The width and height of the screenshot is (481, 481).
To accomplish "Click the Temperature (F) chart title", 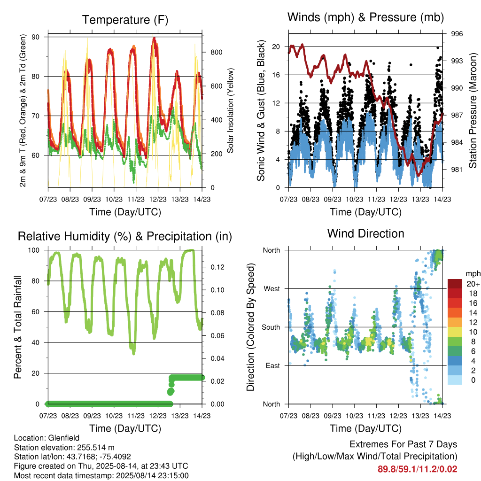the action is click(x=125, y=20).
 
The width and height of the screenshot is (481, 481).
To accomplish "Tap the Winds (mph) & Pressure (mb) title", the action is click(x=365, y=17).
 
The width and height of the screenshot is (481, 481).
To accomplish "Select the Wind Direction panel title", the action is click(x=365, y=233).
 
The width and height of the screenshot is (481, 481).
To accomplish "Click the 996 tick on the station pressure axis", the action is click(x=457, y=34).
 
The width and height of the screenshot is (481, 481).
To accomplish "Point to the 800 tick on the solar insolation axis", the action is click(x=216, y=52).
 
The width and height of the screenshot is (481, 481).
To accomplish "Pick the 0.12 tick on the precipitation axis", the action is click(x=217, y=267).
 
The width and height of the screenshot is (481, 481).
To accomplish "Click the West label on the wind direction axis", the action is click(x=272, y=289).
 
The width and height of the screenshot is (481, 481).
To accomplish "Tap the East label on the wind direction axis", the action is click(x=273, y=365).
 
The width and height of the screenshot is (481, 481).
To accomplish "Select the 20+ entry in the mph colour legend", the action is click(x=473, y=284).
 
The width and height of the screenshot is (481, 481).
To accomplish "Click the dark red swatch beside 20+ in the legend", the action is click(x=455, y=284).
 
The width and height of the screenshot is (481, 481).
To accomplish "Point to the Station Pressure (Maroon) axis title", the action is click(x=473, y=110).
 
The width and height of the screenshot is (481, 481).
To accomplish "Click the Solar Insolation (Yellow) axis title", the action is click(x=230, y=110).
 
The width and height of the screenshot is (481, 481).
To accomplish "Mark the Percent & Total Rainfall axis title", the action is click(x=18, y=327).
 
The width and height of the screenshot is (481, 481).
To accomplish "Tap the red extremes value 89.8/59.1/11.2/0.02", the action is click(x=418, y=469).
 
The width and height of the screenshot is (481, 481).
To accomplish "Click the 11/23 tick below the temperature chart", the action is click(x=136, y=199).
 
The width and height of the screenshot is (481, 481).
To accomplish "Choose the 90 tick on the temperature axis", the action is click(x=36, y=37).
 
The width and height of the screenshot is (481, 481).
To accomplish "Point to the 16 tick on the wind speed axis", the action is click(x=276, y=75).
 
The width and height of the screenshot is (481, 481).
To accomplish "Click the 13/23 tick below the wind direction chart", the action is click(x=420, y=416).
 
